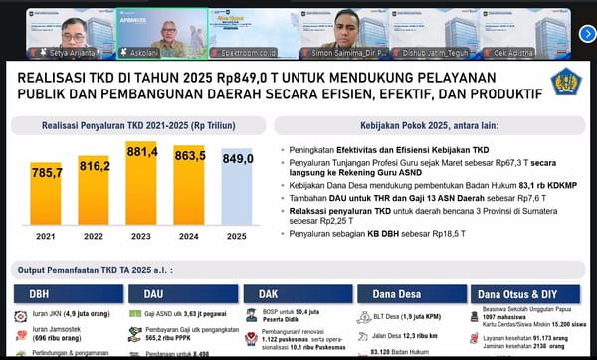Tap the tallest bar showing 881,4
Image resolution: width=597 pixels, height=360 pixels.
coord(142,184)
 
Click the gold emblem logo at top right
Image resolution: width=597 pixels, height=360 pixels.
coord(564,83)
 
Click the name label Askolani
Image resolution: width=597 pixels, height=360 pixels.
coord(147,49)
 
